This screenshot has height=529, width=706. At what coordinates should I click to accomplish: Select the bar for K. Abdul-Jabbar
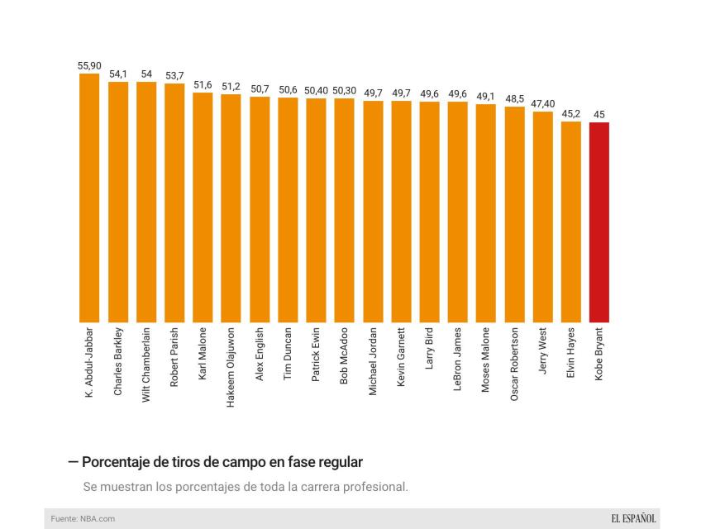click(x=89, y=198)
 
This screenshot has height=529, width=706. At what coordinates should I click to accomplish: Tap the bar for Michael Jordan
click(x=373, y=212)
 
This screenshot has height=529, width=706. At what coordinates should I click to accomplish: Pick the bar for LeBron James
click(x=457, y=212)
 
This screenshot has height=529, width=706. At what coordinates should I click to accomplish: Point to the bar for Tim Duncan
click(x=288, y=210)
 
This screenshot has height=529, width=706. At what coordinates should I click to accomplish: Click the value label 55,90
click(x=89, y=66)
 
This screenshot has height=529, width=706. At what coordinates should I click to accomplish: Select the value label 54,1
click(x=117, y=74)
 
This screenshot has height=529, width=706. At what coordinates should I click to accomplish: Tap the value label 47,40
click(x=542, y=104)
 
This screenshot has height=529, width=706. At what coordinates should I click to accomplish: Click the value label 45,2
click(x=570, y=114)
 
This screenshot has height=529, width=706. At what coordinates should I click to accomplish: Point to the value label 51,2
click(x=231, y=87)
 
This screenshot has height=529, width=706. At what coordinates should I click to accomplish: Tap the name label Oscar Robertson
click(x=514, y=365)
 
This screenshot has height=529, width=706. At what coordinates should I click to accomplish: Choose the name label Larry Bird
click(x=429, y=350)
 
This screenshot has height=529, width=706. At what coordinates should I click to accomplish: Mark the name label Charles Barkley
click(x=118, y=361)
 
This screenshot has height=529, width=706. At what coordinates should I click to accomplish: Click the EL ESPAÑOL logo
click(x=633, y=518)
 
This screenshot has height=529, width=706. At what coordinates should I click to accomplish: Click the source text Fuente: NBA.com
click(x=83, y=518)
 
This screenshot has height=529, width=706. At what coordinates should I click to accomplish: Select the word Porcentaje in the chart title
click(x=117, y=462)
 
